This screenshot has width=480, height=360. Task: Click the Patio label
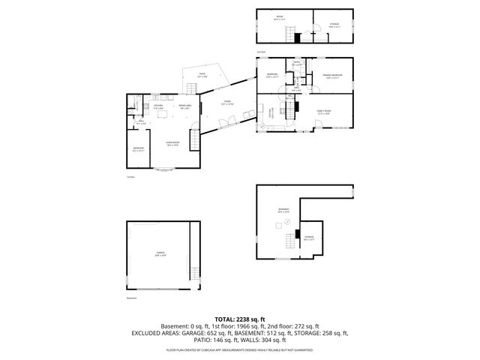(202, 75)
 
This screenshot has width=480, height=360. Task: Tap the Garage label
(160, 255)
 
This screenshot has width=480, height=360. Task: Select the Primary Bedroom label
(332, 76)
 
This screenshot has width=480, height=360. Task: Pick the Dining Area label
(184, 106)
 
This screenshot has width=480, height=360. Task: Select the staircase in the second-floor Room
(286, 34)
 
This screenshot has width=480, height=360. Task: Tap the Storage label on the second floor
(334, 25)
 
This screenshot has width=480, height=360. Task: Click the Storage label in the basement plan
(309, 238)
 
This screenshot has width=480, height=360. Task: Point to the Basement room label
(283, 211)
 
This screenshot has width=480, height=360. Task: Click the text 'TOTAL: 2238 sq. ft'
(240, 319)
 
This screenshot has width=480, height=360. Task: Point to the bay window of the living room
(165, 171)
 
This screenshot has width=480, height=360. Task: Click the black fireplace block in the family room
(297, 107)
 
